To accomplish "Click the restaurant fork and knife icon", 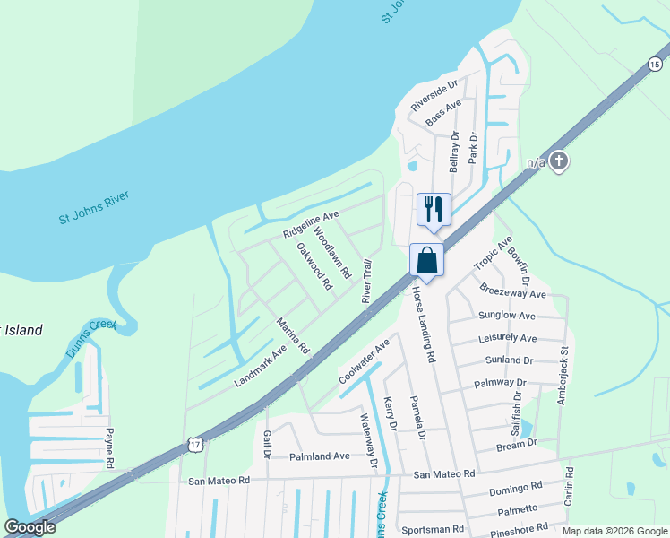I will pos(434,210).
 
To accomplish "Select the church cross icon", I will pos(559,161).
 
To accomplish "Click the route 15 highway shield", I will pos(655,63).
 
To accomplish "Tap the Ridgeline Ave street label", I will pos(312,224).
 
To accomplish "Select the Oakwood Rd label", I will pos(314,265).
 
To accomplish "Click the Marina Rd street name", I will pos(292,335).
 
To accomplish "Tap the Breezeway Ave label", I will pos(512,293).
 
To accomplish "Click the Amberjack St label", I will pos(564,377).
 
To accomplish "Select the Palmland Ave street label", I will pos(320,456).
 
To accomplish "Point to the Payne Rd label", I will pos(110,448).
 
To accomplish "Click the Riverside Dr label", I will pos(434,95).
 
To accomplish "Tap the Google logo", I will pos(30,527).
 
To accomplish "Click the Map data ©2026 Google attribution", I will pos(614,531).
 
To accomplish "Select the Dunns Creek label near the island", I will pos(91,338).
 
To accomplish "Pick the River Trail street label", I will pos(366,281).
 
